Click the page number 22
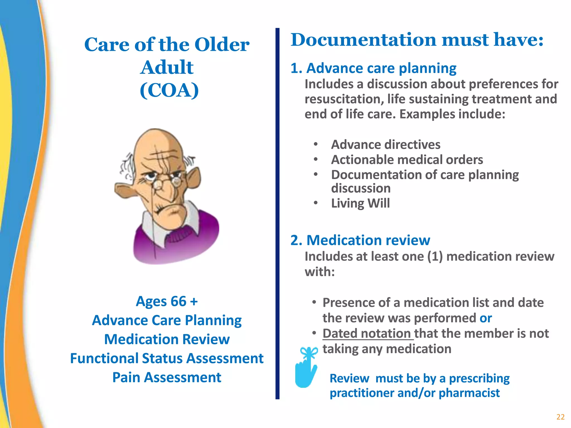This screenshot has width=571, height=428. click(560, 417)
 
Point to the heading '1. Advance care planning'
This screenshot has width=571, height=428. click(373, 68)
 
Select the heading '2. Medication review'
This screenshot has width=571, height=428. click(360, 240)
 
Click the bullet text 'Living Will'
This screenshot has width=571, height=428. click(360, 203)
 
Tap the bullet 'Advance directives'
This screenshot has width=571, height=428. click(386, 145)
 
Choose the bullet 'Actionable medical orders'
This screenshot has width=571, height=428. click(407, 160)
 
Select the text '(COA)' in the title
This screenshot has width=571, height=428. click(169, 90)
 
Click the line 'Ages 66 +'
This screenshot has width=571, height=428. click(167, 301)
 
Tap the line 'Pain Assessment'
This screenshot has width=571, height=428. click(167, 378)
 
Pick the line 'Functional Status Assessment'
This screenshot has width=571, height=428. click(167, 358)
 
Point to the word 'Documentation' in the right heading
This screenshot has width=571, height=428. click(363, 40)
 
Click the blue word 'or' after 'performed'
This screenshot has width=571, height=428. click(486, 318)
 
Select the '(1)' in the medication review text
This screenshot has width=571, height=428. click(435, 257)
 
